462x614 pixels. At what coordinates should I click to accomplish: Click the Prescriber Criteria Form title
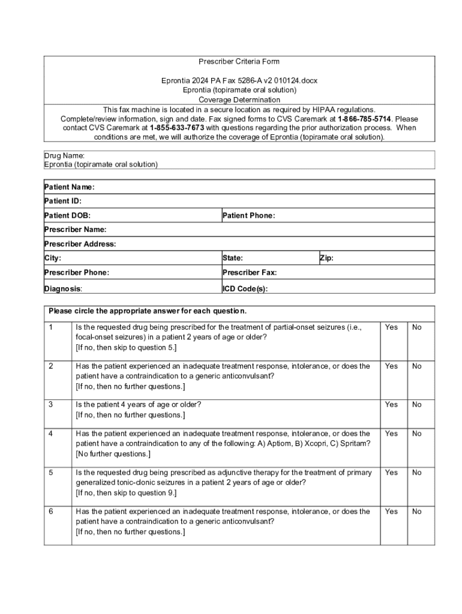tap(239, 62)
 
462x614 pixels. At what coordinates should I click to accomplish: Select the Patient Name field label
tap(69, 187)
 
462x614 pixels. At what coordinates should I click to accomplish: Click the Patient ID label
tap(63, 201)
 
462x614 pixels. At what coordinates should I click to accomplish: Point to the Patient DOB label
tap(68, 216)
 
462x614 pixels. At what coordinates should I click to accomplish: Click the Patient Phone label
tap(248, 216)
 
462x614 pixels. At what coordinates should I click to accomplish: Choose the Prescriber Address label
tap(80, 244)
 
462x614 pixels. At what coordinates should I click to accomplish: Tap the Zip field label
tap(326, 258)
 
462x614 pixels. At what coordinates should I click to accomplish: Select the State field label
tap(233, 258)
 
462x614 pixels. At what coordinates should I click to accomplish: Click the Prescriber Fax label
tap(250, 273)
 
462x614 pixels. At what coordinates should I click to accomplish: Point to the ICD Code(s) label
tap(245, 288)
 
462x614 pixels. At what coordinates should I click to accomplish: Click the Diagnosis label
tap(63, 288)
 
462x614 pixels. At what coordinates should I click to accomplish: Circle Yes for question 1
tap(391, 327)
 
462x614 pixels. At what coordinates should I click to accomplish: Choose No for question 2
tap(417, 366)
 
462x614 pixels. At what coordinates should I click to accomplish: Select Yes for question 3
tap(391, 405)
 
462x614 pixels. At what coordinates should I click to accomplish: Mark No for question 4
tap(417, 434)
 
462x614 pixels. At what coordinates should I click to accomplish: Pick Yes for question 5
tap(391, 472)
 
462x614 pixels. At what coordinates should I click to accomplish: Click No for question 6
tap(417, 511)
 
